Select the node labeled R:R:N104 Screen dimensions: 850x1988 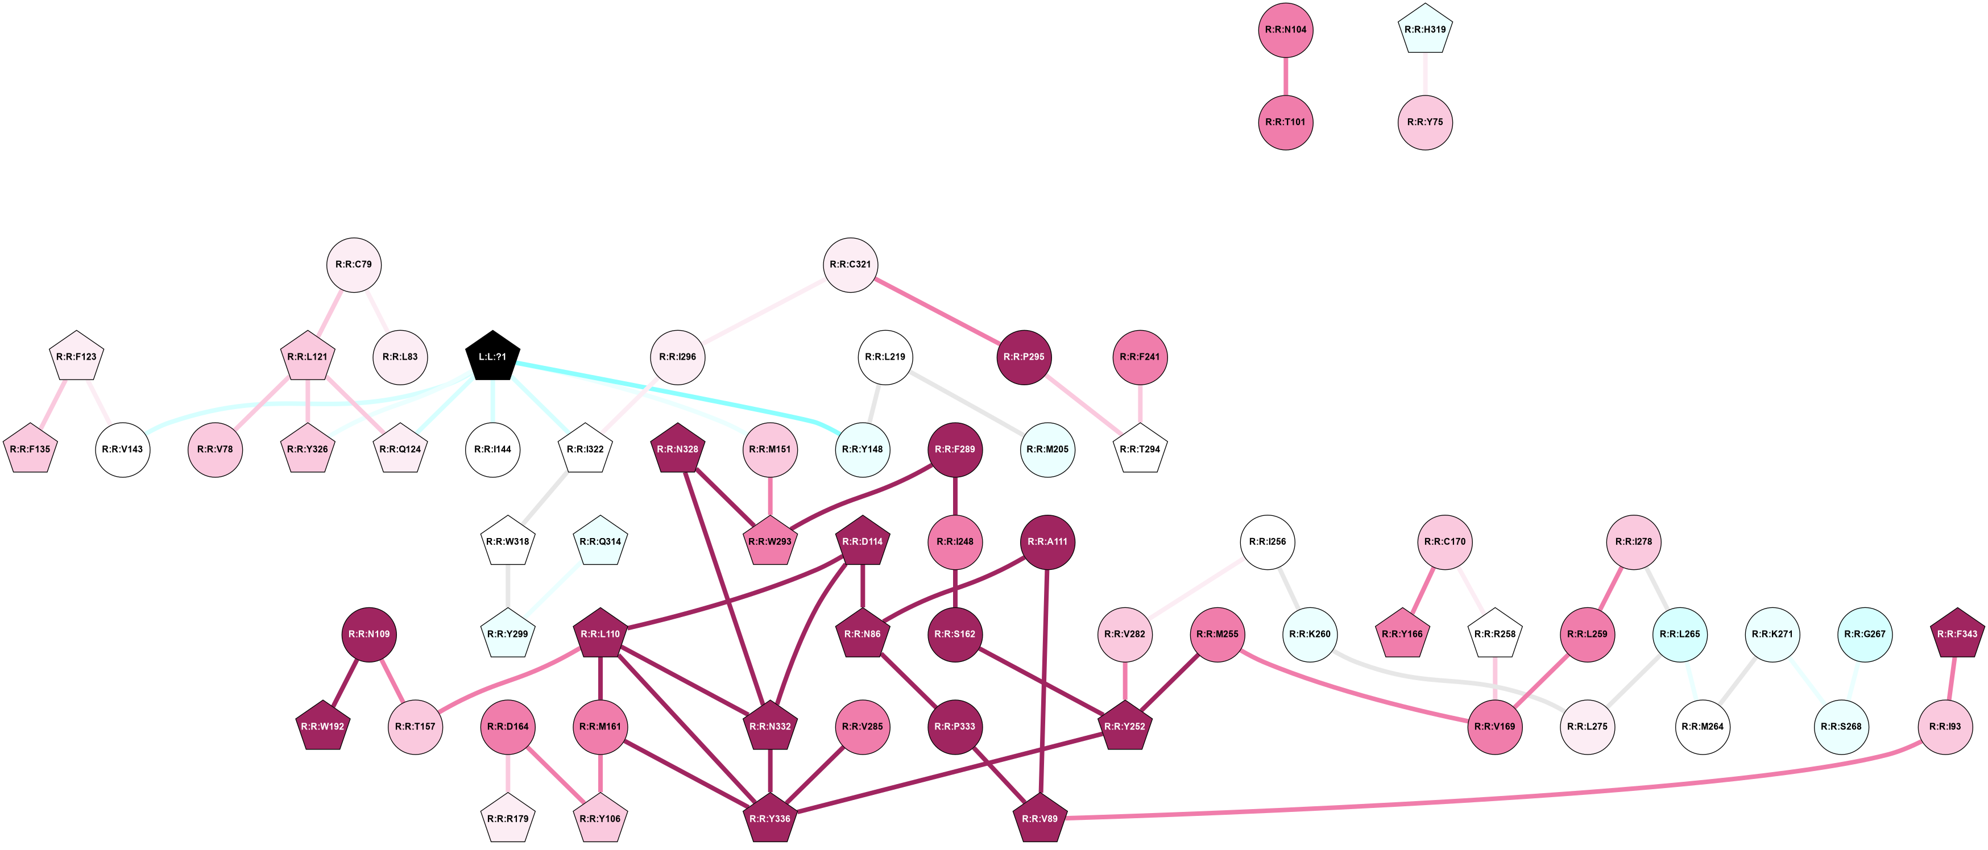(x=1286, y=30)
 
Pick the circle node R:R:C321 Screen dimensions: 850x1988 (x=851, y=265)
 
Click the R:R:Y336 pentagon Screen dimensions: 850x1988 (x=769, y=818)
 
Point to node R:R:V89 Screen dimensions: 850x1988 (x=1039, y=818)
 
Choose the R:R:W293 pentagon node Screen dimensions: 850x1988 (x=769, y=541)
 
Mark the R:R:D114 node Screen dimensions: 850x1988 (x=862, y=541)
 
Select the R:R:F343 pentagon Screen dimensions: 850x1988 (x=1957, y=634)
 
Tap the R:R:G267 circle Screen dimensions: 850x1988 (x=1865, y=634)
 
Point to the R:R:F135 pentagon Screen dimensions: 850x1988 (x=30, y=449)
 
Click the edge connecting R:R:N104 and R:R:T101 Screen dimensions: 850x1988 (x=1286, y=76)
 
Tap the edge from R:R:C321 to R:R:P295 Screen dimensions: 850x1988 (x=938, y=311)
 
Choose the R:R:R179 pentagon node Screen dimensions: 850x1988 (x=508, y=818)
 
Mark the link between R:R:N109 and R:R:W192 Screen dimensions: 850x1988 (x=346, y=680)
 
